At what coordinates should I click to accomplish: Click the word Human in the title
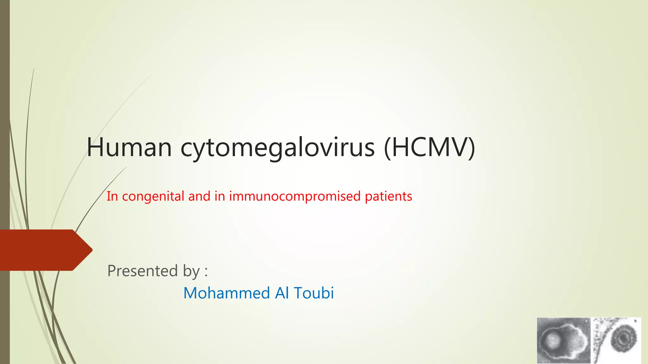129,147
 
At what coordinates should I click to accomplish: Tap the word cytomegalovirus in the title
277,148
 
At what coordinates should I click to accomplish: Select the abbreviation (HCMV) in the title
429,147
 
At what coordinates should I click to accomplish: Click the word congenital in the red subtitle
153,197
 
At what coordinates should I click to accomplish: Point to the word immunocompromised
295,197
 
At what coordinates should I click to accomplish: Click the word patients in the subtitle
388,197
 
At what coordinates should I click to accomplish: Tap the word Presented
143,271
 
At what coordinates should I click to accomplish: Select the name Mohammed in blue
226,293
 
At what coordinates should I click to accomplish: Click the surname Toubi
314,293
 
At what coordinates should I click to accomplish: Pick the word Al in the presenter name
282,293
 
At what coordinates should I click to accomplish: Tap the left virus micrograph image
564,341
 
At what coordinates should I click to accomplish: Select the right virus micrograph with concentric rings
617,340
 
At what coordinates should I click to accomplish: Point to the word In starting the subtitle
112,197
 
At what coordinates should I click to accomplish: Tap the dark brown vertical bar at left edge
5,126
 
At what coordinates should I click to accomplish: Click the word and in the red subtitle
199,197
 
